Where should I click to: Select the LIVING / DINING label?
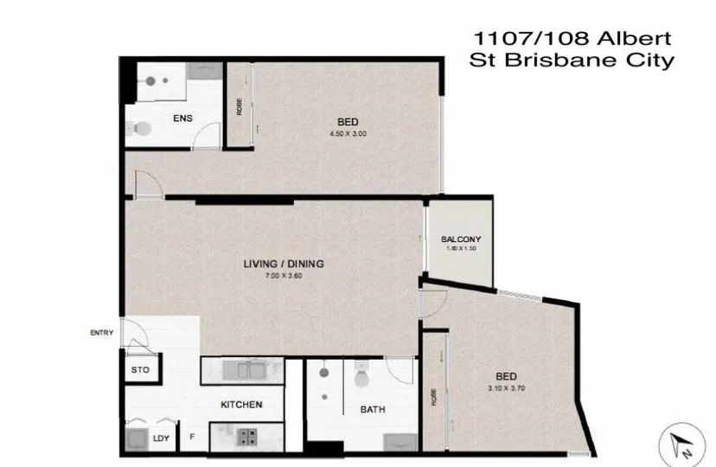(284, 263)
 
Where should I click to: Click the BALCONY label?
(461, 240)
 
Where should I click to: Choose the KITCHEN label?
(241, 405)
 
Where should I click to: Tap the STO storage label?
(140, 370)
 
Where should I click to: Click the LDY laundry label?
(161, 438)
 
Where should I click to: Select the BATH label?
(374, 410)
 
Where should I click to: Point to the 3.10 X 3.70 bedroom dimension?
(507, 390)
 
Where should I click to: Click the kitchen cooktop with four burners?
(246, 436)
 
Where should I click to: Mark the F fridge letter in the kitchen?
(192, 438)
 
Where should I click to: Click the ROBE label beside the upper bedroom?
(238, 105)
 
